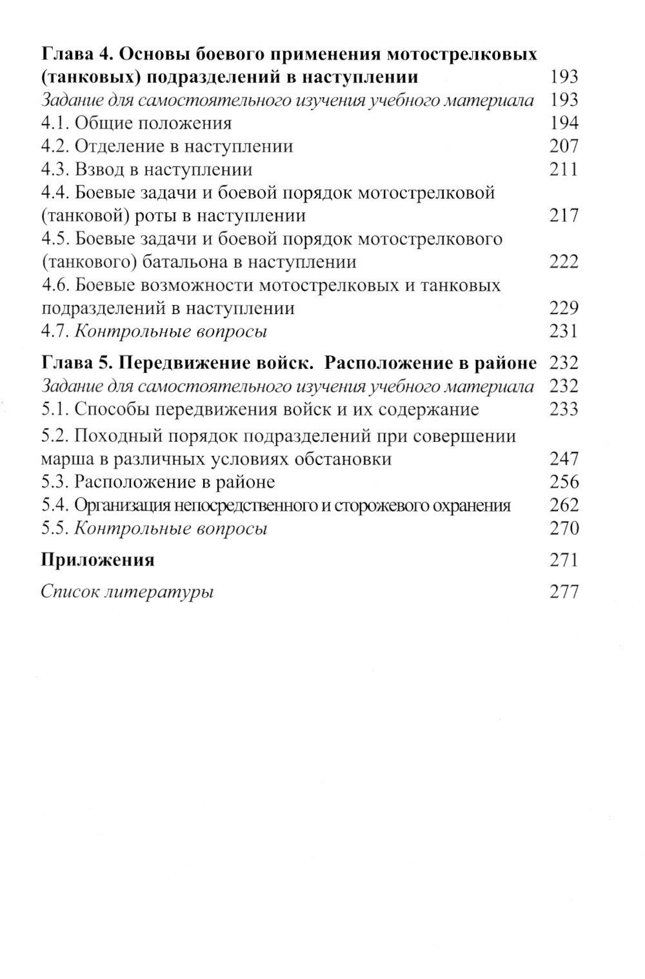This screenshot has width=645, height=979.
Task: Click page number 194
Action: [x=564, y=123]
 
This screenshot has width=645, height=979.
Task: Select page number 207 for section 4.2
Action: [x=564, y=146]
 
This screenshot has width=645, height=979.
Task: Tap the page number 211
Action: [x=564, y=170]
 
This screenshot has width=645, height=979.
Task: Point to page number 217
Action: [x=564, y=215]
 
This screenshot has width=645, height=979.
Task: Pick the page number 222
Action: [x=564, y=262]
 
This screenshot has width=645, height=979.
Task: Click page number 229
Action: [x=564, y=308]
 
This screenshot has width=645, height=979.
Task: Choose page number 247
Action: [x=564, y=459]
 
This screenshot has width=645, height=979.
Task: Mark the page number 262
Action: [x=564, y=506]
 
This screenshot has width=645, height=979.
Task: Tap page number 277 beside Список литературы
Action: [x=564, y=591]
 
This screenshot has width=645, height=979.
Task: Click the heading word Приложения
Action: [x=97, y=560]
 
